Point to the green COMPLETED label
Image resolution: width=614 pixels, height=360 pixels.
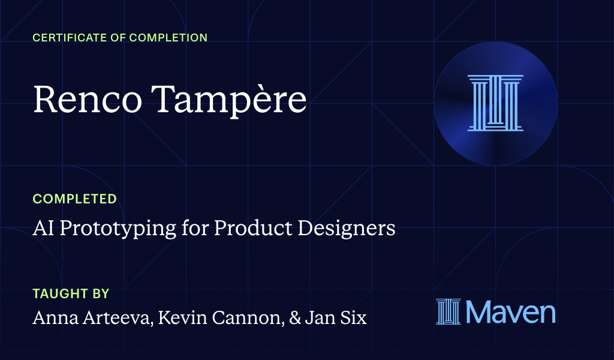[x=74, y=199]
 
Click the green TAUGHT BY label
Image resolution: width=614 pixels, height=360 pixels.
[x=71, y=294]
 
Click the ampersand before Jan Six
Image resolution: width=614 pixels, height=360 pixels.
[x=294, y=318]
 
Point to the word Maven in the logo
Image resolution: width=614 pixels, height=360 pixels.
[x=511, y=312]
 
